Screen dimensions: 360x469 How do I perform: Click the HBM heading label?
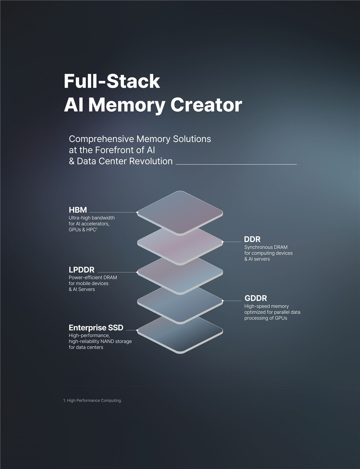click(78, 210)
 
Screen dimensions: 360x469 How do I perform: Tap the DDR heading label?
click(252, 239)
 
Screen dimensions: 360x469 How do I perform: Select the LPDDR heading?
click(82, 270)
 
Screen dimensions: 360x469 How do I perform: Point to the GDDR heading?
click(256, 298)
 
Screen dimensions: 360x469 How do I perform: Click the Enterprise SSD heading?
click(96, 328)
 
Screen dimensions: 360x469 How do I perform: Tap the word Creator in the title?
click(206, 105)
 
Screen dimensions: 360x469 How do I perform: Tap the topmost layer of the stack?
click(180, 213)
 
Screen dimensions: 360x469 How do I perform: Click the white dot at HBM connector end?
click(137, 212)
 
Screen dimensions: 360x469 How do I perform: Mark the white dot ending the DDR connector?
click(222, 242)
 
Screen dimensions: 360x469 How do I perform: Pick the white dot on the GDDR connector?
click(222, 301)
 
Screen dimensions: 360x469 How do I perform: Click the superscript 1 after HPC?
click(96, 228)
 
